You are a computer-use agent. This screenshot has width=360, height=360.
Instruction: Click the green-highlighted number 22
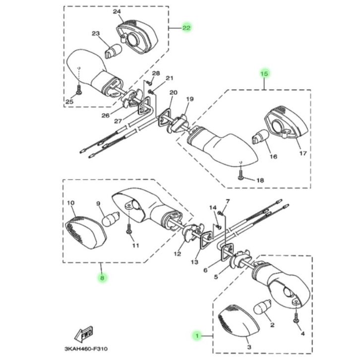[x=186, y=28]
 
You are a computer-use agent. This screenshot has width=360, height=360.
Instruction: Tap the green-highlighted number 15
[x=264, y=74]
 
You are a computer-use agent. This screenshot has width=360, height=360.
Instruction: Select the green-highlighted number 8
[x=102, y=278]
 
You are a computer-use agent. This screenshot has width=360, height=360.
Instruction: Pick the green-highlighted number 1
[x=197, y=336]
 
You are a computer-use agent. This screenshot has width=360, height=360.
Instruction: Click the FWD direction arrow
[x=84, y=333]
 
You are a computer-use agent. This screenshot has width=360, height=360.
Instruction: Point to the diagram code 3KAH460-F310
[x=86, y=349]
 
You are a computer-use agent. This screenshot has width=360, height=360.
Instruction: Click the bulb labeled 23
[x=113, y=51]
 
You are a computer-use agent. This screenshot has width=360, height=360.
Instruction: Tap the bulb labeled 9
[x=111, y=219]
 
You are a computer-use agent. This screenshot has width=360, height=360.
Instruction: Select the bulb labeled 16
[x=260, y=136]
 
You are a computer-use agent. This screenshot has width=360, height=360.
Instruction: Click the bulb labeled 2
[x=262, y=306]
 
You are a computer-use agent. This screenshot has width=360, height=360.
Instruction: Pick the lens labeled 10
[x=86, y=233]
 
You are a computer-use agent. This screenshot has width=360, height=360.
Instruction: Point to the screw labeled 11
[x=129, y=228]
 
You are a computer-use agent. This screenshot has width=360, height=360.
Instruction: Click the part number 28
[x=156, y=73]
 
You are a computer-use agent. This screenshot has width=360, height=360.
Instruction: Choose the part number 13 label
[x=194, y=262]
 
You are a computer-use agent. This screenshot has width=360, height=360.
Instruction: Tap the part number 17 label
[x=303, y=153]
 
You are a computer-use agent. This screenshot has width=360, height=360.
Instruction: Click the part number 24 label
[x=117, y=11]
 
